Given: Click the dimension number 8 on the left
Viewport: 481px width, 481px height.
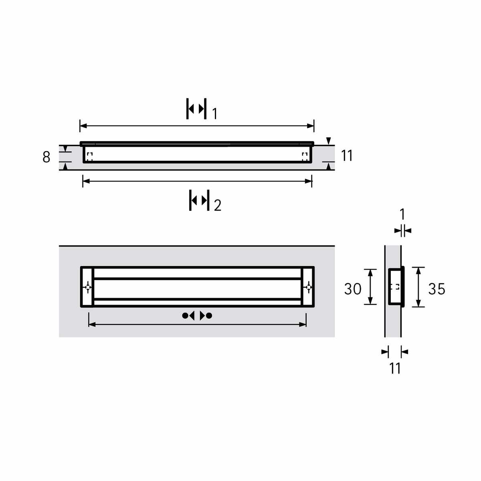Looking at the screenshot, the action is [46, 157].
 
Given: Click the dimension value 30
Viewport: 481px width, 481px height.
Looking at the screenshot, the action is [352, 289].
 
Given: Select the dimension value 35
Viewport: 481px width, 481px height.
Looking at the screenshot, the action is [437, 289].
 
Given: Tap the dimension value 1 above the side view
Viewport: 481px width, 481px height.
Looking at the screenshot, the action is [402, 214].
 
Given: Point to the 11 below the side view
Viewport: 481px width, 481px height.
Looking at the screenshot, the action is [395, 368].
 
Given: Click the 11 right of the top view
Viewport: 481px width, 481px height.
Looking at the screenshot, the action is [347, 156].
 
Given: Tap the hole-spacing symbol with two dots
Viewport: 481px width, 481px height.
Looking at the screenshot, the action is [197, 316].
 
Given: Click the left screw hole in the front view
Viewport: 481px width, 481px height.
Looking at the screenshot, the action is [88, 287].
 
